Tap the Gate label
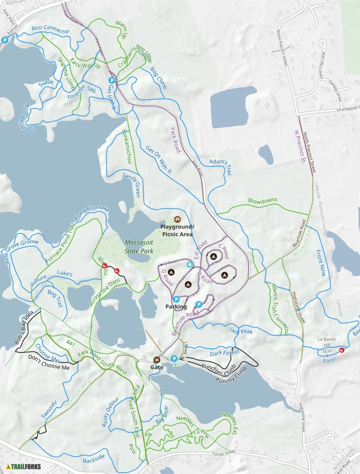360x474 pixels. (x=157, y=367)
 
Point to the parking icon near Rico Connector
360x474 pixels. (x=5, y=41)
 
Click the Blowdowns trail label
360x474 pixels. (x=262, y=200)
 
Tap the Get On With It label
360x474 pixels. (x=158, y=160)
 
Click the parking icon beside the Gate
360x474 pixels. (x=174, y=358)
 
